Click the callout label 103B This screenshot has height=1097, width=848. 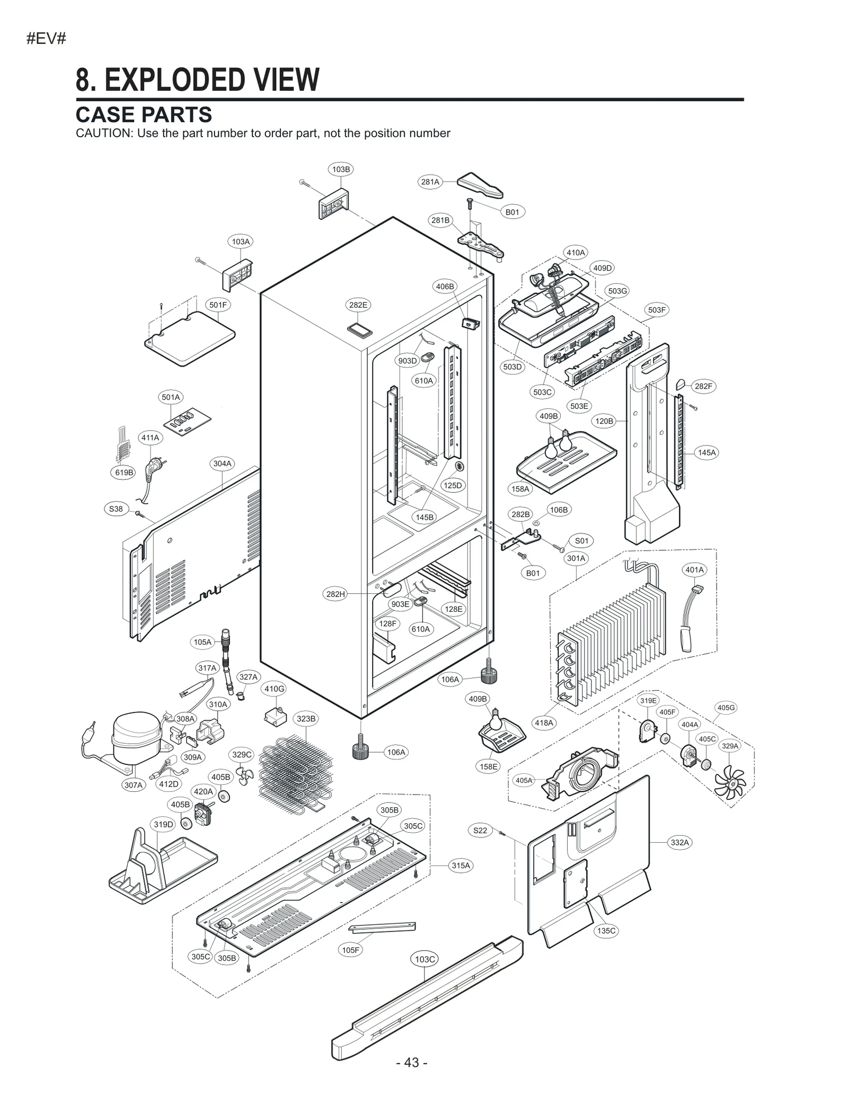pyautogui.click(x=341, y=170)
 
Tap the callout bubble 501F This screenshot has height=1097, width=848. pyautogui.click(x=218, y=305)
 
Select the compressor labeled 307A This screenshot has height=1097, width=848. pyautogui.click(x=136, y=737)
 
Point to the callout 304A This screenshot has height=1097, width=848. pyautogui.click(x=222, y=463)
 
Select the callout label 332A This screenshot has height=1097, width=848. pyautogui.click(x=679, y=843)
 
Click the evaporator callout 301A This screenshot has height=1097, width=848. pyautogui.click(x=576, y=558)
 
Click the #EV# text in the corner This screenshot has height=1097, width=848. pyautogui.click(x=46, y=39)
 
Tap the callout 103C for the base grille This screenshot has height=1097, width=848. pyautogui.click(x=425, y=959)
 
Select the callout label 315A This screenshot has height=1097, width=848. pyautogui.click(x=461, y=866)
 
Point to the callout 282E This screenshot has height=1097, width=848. pyautogui.click(x=358, y=305)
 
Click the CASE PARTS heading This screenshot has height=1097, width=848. pyautogui.click(x=144, y=115)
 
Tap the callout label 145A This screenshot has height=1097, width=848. pyautogui.click(x=706, y=452)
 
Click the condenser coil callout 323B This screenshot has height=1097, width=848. pyautogui.click(x=306, y=719)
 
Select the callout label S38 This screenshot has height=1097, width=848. pyautogui.click(x=116, y=509)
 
